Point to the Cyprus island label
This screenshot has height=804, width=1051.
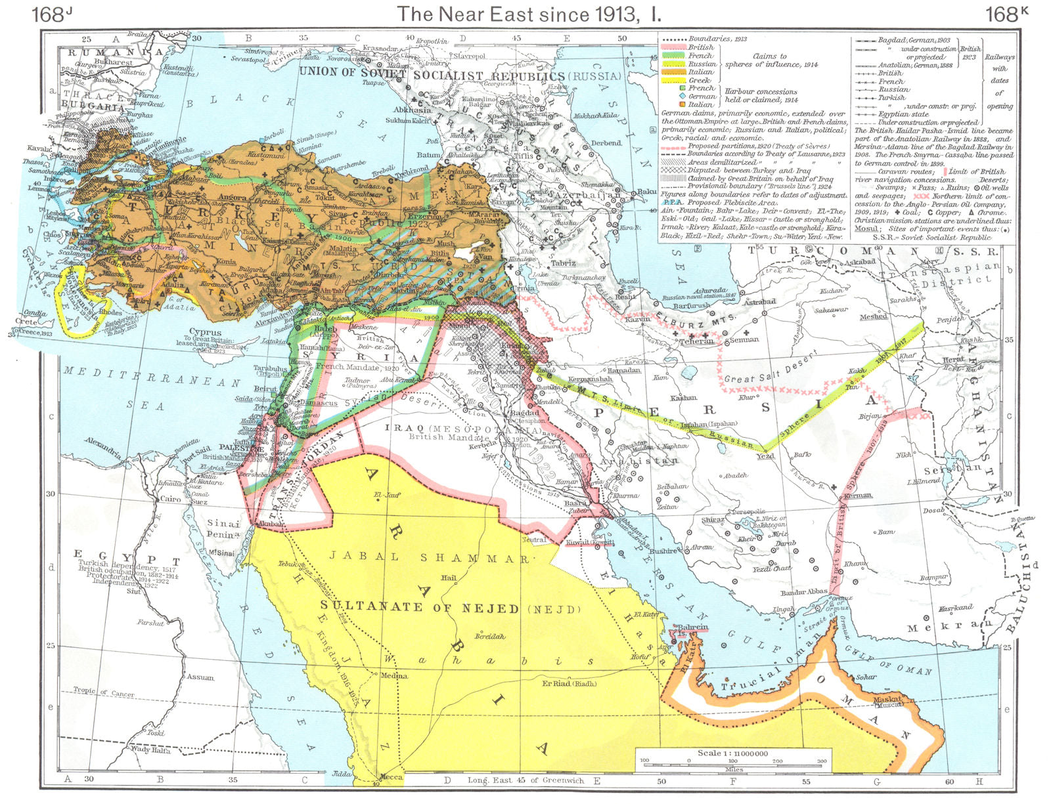(206, 332)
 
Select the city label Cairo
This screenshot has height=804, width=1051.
(169, 499)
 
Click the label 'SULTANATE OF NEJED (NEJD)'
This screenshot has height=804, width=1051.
(450, 608)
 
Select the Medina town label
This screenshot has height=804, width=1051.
(392, 675)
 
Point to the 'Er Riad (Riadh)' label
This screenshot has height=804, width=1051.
(569, 683)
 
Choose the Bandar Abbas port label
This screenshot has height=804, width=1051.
(803, 593)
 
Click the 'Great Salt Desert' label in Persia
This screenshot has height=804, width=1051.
(769, 371)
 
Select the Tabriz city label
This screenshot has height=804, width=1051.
(563, 263)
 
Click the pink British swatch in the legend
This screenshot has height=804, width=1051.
(671, 47)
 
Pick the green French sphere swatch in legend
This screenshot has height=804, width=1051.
(671, 56)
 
